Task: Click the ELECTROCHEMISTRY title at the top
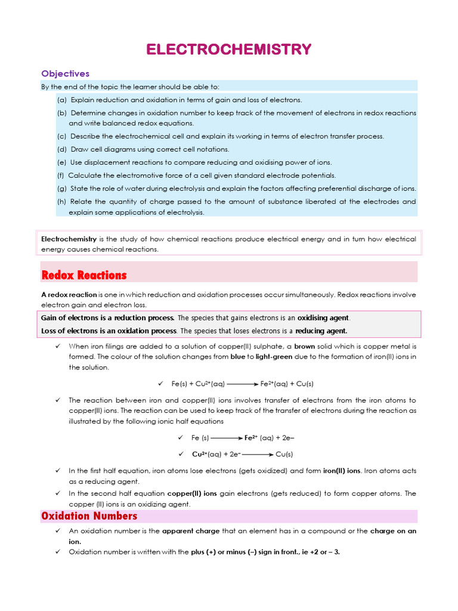(229, 49)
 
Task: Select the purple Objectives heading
(65, 73)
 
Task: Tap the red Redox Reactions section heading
(84, 275)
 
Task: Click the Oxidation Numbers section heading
(89, 516)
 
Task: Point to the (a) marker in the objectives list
(62, 100)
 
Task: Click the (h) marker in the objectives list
(62, 202)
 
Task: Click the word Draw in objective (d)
(79, 149)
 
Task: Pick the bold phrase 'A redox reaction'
(69, 295)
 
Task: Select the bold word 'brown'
(304, 346)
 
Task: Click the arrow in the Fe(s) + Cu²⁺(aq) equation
(242, 384)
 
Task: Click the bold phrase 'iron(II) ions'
(341, 471)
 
